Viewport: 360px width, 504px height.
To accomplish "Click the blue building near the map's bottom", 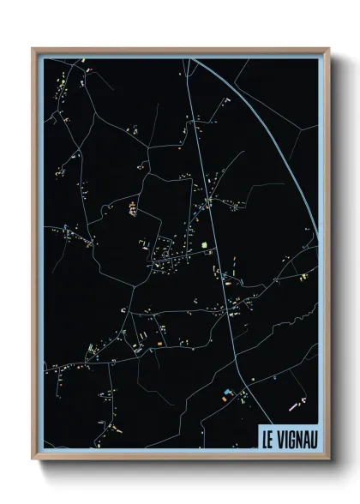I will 227,393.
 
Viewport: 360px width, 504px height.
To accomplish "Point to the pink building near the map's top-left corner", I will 86,63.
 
